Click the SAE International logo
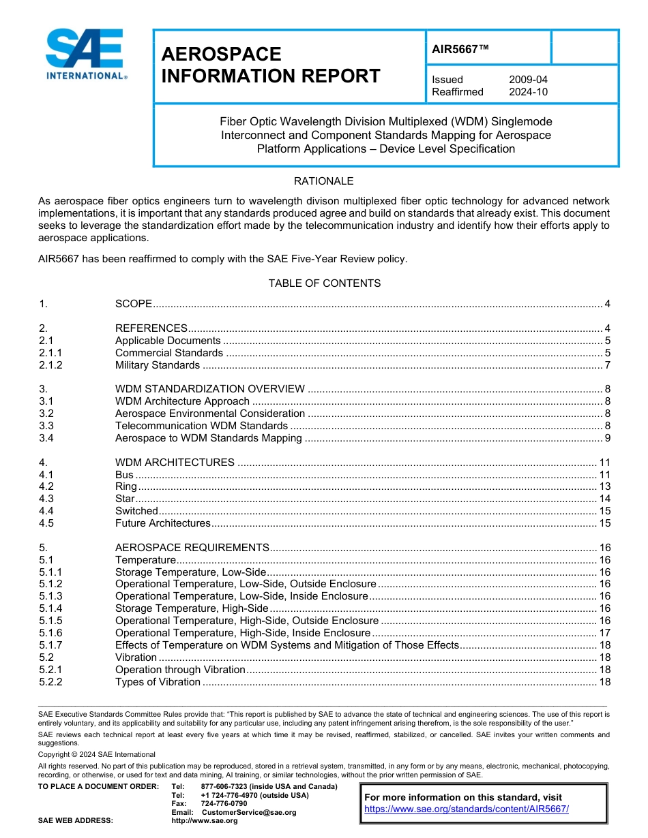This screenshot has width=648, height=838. point(86,55)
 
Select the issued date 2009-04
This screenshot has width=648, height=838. point(527,80)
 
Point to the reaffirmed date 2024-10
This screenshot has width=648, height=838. point(527,92)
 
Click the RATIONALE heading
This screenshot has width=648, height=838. point(323,181)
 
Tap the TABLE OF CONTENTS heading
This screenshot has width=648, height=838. point(324,283)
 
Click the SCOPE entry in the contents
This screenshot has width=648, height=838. point(133,304)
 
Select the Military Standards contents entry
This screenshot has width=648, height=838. point(157,365)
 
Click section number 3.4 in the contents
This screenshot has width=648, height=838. point(46,438)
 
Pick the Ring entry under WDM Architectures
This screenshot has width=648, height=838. point(126,486)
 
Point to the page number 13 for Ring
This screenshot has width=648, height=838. point(604,486)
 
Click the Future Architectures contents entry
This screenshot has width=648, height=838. point(162,523)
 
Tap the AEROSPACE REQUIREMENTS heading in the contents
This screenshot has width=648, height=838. point(192,548)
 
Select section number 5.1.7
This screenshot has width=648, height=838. point(50,645)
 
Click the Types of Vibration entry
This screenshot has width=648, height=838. point(158,682)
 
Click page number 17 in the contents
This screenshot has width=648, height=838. point(604,633)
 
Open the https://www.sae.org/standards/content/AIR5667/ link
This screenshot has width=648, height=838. point(467,809)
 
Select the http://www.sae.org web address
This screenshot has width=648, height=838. point(204,821)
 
